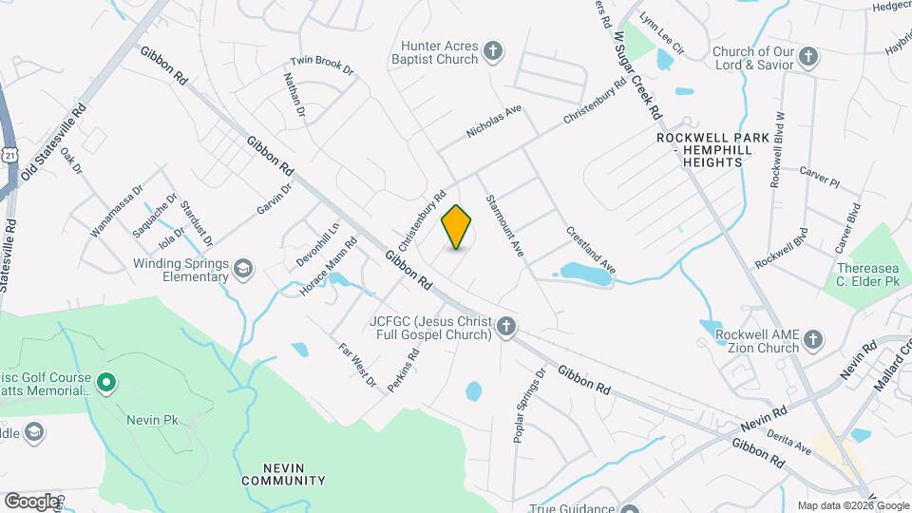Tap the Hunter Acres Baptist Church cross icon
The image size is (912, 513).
click(x=492, y=50)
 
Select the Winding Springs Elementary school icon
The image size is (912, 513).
click(x=244, y=270)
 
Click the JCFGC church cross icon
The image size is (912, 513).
click(x=507, y=328)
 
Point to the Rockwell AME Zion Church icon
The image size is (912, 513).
click(x=812, y=339)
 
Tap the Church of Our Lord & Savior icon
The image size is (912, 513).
click(x=807, y=57)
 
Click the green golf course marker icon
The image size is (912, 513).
click(x=106, y=383)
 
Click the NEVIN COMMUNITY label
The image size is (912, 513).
click(x=283, y=473)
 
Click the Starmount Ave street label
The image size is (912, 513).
click(x=504, y=225)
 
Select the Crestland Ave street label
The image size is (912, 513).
click(x=591, y=250)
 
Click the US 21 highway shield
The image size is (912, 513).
click(x=9, y=154)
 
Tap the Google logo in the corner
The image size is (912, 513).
click(x=31, y=501)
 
